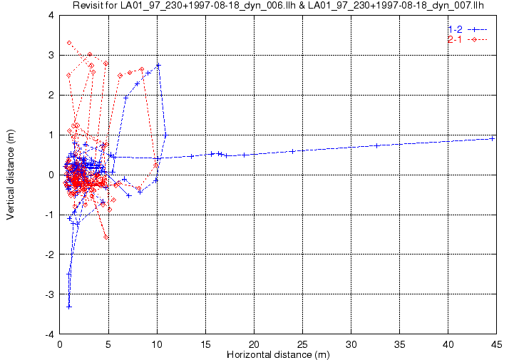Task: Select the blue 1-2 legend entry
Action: click(466, 29)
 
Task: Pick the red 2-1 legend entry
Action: click(466, 39)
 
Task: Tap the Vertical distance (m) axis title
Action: click(11, 175)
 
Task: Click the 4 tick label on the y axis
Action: click(51, 15)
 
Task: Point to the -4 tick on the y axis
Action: click(49, 334)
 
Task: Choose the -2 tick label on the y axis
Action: click(49, 254)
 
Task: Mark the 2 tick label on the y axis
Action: click(51, 95)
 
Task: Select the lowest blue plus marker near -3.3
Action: click(69, 307)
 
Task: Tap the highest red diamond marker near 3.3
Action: click(69, 43)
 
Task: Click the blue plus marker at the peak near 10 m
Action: click(159, 65)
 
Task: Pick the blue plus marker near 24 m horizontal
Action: click(293, 151)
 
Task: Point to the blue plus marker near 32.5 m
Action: click(377, 145)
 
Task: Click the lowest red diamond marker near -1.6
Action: click(106, 237)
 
